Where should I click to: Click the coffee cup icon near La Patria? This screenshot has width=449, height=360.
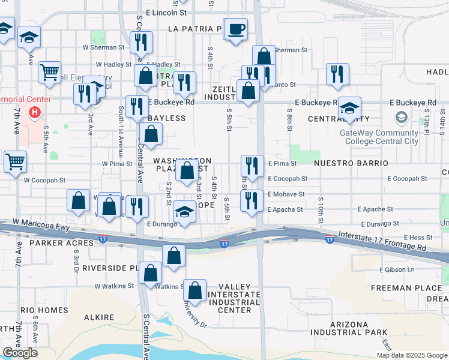[x=237, y=29]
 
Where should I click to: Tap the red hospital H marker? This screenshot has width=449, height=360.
[x=35, y=112]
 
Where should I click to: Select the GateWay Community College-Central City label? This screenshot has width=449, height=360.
[x=379, y=137]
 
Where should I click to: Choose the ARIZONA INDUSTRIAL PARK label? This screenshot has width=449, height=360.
[x=349, y=328]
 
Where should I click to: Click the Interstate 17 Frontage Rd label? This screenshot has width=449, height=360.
[x=382, y=241]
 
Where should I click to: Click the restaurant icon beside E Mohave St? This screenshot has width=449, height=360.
[x=252, y=200]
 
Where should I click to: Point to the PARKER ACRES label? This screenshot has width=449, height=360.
[x=62, y=243]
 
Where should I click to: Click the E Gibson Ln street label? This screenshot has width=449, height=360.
[x=397, y=269]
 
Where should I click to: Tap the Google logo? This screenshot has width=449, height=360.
[x=20, y=353]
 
